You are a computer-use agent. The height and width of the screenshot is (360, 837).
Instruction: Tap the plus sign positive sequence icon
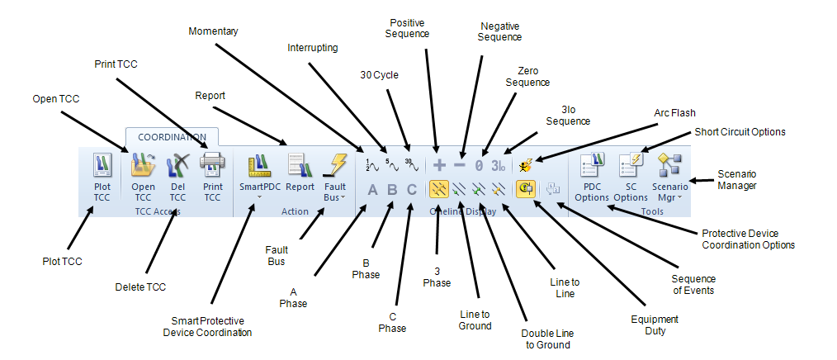[x=439, y=165]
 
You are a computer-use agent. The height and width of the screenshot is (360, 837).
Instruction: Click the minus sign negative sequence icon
[x=459, y=165]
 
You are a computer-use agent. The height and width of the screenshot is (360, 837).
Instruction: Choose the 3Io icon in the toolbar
[x=498, y=165]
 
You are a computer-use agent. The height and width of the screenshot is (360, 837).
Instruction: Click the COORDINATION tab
[x=173, y=137]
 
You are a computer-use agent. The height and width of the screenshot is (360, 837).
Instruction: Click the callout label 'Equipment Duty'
[x=655, y=324]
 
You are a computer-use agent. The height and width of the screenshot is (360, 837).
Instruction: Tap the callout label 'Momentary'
[x=213, y=31]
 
